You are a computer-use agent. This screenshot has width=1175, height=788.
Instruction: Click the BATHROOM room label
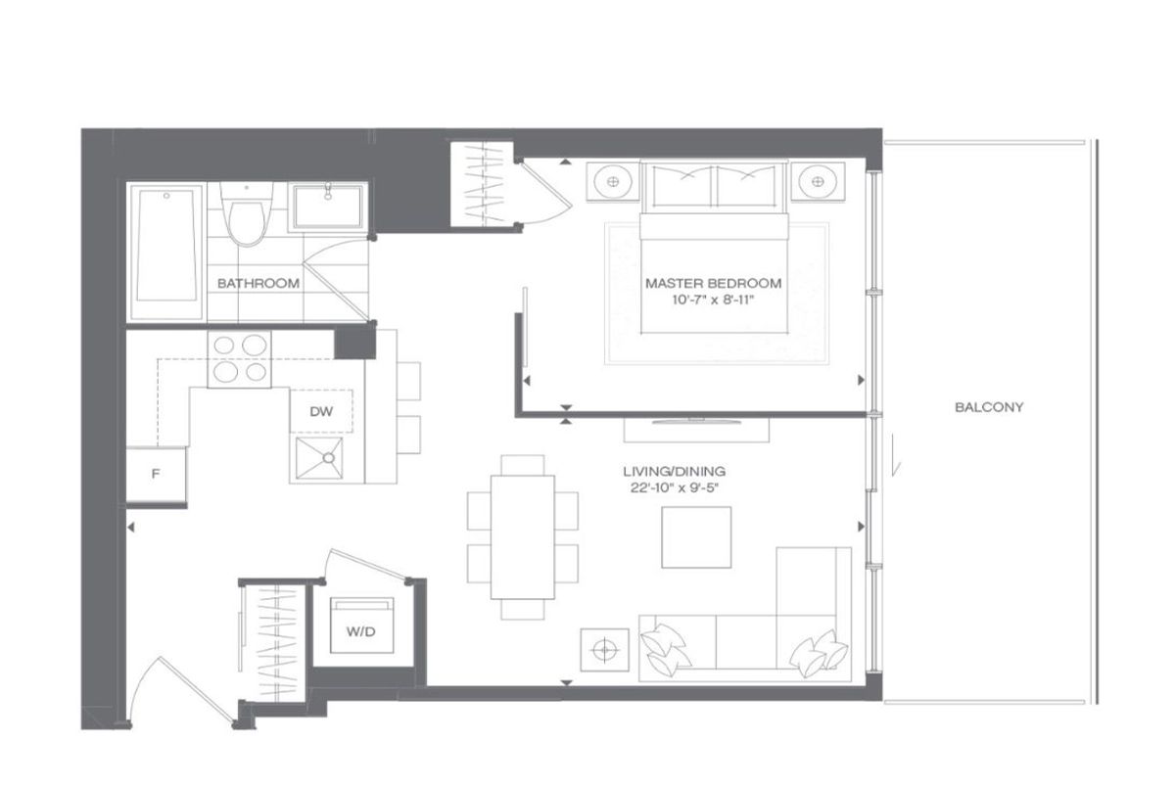tap(258, 284)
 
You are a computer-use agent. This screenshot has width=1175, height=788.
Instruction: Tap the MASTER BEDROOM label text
tap(713, 284)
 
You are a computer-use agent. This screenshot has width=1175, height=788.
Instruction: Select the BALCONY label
tap(989, 407)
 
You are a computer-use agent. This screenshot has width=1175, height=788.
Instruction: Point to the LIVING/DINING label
tap(674, 472)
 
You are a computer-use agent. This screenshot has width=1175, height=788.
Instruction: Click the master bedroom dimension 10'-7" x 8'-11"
tap(713, 301)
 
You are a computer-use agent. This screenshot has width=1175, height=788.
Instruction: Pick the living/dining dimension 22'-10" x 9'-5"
tap(674, 488)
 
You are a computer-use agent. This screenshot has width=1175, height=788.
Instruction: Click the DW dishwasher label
tap(321, 411)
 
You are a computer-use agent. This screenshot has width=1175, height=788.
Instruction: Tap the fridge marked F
tap(156, 475)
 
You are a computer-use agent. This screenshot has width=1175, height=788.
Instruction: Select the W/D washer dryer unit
tap(362, 626)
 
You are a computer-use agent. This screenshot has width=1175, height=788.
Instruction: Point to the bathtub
tap(166, 252)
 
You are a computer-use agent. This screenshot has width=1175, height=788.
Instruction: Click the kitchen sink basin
tap(319, 459)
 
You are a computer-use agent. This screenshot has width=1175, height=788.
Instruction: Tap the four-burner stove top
tap(239, 359)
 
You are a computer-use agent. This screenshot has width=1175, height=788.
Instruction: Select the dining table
tap(523, 536)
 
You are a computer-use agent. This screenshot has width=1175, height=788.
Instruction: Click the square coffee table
tap(696, 536)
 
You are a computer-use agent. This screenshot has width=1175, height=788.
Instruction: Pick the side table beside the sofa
tap(604, 650)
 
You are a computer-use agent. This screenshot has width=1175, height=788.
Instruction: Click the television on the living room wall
tap(696, 421)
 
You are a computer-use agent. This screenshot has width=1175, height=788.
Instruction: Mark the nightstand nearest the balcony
tap(818, 181)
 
